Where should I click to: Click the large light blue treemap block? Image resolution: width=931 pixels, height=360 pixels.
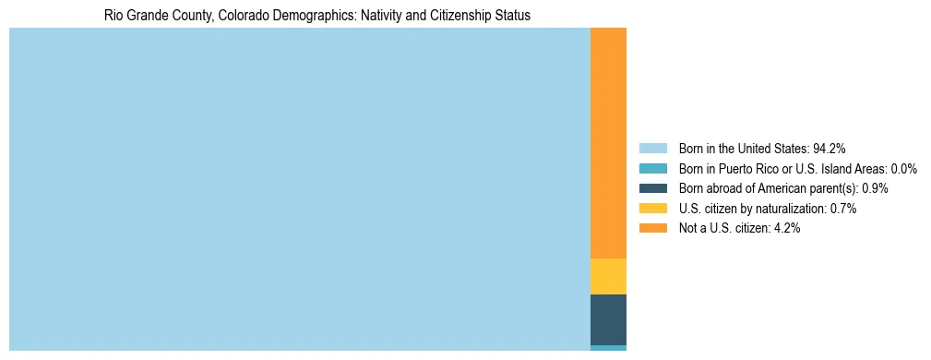(299, 189)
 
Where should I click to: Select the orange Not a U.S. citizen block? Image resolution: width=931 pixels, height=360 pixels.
(608, 143)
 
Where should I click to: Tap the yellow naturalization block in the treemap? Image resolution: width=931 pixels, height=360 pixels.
(608, 276)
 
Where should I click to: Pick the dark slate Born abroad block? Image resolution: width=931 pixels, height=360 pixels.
(608, 319)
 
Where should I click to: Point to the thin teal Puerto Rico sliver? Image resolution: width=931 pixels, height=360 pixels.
(608, 348)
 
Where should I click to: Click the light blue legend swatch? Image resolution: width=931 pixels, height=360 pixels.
(652, 148)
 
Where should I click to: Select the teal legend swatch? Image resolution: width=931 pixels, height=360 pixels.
(652, 168)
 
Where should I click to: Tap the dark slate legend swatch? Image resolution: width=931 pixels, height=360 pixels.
(652, 188)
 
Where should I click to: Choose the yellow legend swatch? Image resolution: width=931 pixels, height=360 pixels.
(652, 209)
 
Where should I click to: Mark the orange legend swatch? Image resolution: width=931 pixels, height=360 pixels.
(652, 229)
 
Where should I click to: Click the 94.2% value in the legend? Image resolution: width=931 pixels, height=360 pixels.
(829, 148)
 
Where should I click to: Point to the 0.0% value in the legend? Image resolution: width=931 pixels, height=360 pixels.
(903, 168)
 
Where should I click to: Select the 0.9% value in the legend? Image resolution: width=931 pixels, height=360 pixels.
(875, 188)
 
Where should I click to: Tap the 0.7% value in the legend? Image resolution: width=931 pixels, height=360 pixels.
(843, 209)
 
